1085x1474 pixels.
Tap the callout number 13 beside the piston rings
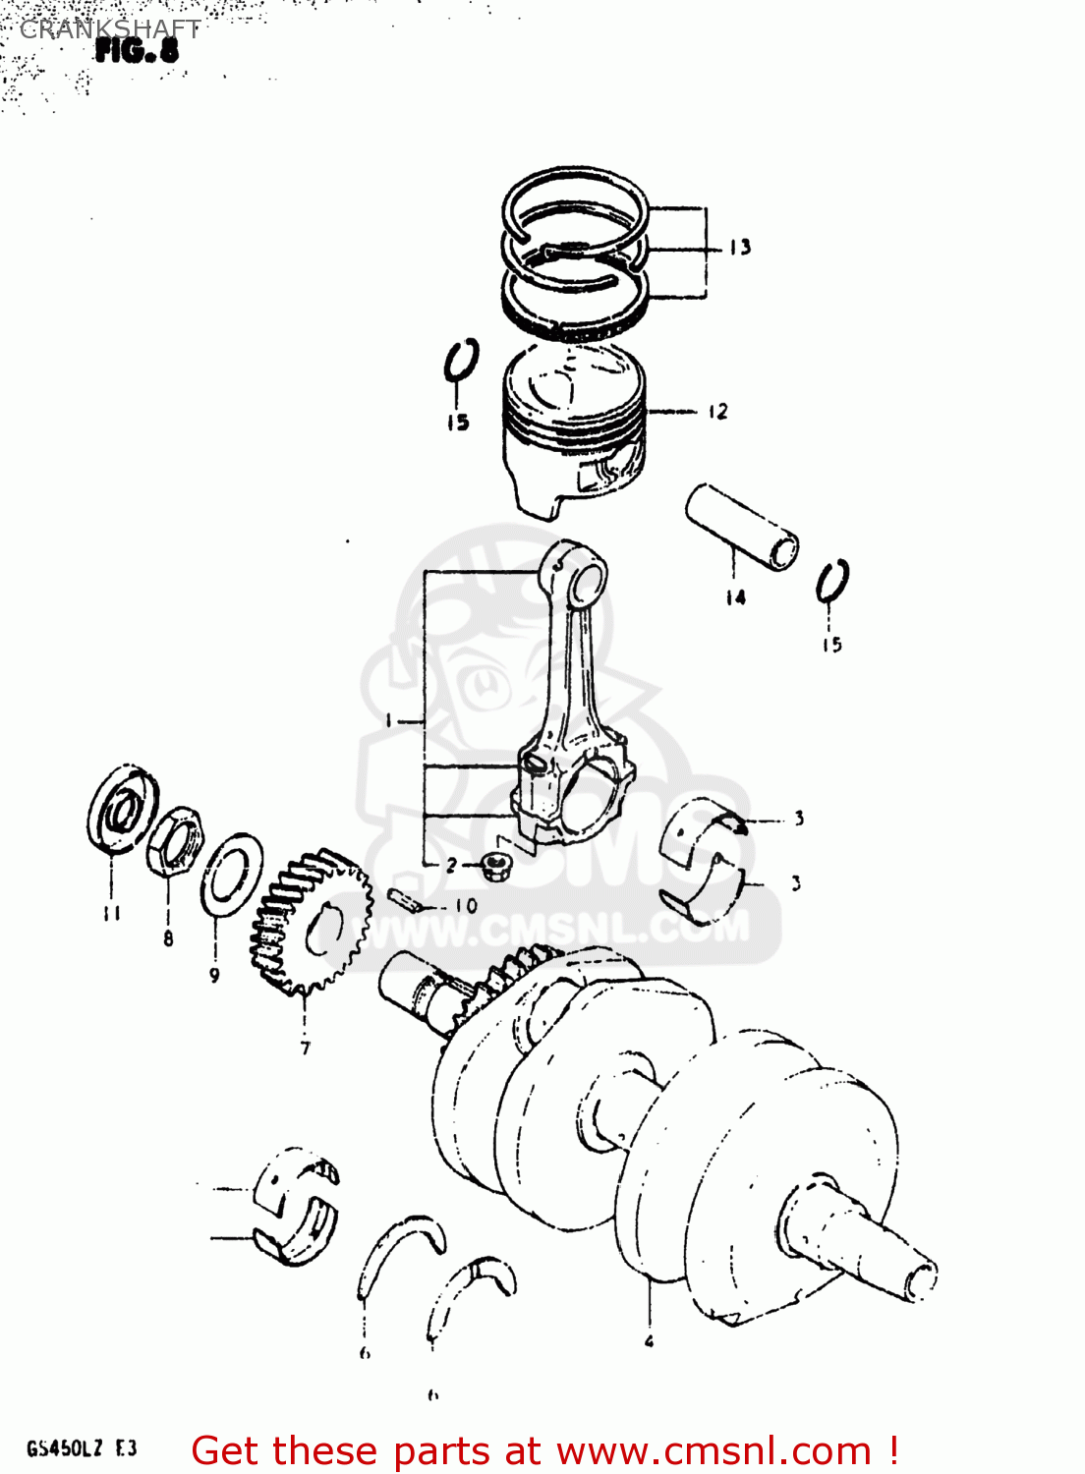(x=740, y=248)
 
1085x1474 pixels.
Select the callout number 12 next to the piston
(x=718, y=412)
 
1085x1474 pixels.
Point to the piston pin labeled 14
(x=742, y=526)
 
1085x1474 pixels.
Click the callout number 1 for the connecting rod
(x=390, y=721)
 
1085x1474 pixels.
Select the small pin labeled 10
(x=405, y=898)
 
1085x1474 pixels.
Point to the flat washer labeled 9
(x=232, y=874)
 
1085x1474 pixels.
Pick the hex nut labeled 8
(x=175, y=841)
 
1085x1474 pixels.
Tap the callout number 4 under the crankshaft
(x=649, y=1340)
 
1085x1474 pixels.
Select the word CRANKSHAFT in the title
(x=110, y=29)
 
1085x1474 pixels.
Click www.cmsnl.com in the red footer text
(x=714, y=1451)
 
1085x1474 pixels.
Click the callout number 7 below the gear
(x=306, y=1048)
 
